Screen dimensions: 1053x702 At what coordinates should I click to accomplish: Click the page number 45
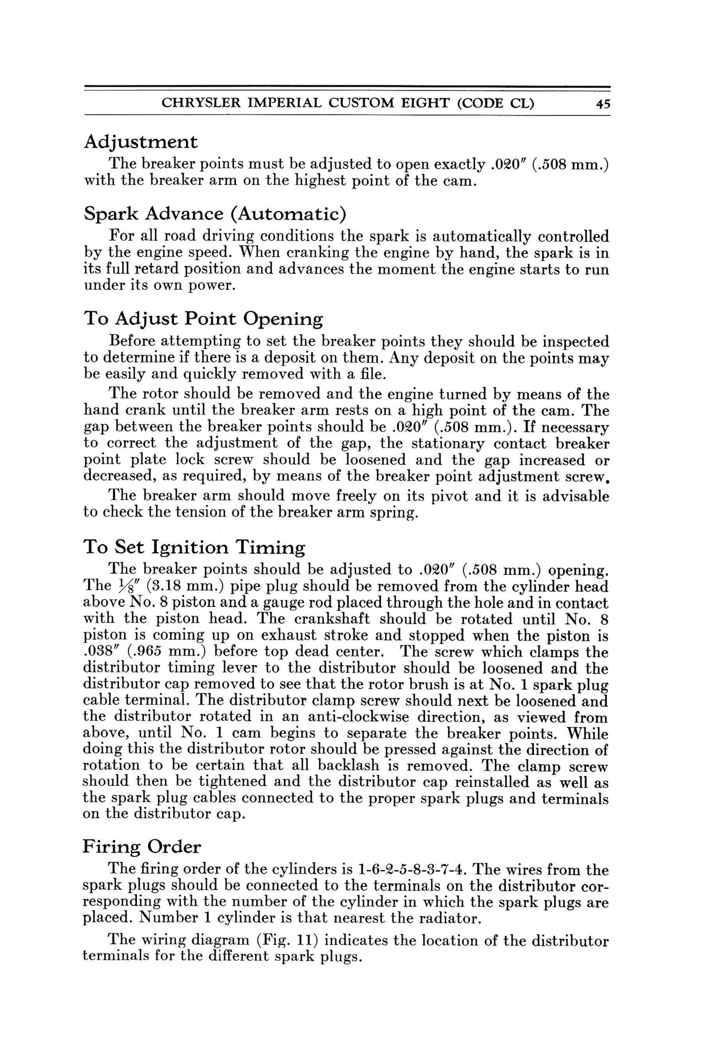[x=603, y=104]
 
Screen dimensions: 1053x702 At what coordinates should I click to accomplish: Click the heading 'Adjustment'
[x=140, y=142]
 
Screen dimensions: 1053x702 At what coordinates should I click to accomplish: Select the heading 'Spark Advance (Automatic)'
[x=215, y=214]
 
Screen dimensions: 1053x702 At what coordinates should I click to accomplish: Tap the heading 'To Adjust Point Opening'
[x=203, y=319]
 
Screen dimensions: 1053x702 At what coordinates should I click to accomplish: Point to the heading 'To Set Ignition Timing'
[x=194, y=547]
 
